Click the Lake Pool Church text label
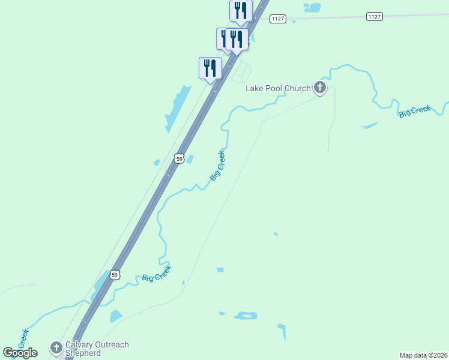point(278,89)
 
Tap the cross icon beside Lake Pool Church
point(320,89)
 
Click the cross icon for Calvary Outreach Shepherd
point(56,347)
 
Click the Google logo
point(20,352)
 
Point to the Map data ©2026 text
point(423,355)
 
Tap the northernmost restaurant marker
point(241,11)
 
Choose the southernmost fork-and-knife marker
point(210,67)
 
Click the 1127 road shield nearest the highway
point(277,19)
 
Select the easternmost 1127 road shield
point(374,17)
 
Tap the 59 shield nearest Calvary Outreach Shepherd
point(115,274)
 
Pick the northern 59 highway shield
point(179,158)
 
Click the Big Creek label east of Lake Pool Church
point(415,112)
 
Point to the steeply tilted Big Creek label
point(217,165)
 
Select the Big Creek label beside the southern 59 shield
point(156,274)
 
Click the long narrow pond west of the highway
point(178,109)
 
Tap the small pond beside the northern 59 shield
point(190,159)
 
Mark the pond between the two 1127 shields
point(312,8)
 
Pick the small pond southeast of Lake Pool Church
point(370,125)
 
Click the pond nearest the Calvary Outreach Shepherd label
point(116,316)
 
